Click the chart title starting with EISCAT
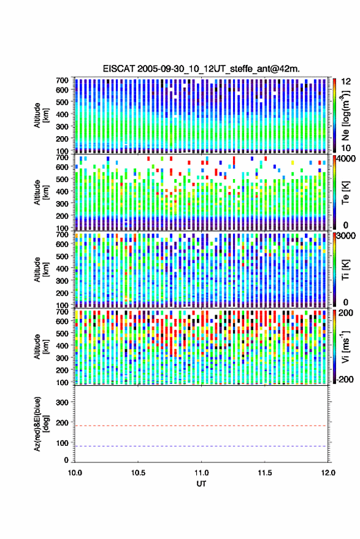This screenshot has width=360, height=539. point(201,69)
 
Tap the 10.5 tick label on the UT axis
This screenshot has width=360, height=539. point(138,473)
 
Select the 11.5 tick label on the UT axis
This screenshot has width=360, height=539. point(264,473)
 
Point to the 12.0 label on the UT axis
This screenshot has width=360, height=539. point(328,473)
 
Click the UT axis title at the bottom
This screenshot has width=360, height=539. point(201,484)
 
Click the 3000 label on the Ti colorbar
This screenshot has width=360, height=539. point(346,237)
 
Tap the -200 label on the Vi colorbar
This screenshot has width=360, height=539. point(344,379)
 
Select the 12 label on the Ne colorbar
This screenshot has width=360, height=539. point(346,82)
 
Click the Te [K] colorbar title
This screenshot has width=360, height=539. point(345,193)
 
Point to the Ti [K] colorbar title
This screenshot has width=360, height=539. point(345,270)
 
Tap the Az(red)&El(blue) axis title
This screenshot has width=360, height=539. point(40,424)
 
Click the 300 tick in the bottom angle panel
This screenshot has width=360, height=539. point(62,402)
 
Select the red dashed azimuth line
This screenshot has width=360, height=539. point(201,426)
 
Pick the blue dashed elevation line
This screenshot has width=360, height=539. point(201,446)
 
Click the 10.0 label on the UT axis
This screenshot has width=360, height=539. point(75,473)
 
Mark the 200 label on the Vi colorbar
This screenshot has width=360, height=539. point(346,313)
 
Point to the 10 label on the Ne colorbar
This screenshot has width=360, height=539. point(346,148)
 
